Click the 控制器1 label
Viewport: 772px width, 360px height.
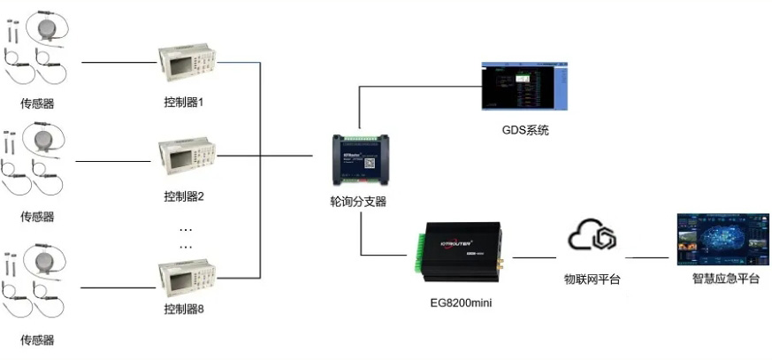184,102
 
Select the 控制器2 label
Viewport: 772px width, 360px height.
184,195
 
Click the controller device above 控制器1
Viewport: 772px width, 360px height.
186,64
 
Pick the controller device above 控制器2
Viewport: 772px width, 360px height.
186,158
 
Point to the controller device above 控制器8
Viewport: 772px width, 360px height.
186,274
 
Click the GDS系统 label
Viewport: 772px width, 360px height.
524,131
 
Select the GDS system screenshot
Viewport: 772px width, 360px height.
524,88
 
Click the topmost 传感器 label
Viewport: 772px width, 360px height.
37,103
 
